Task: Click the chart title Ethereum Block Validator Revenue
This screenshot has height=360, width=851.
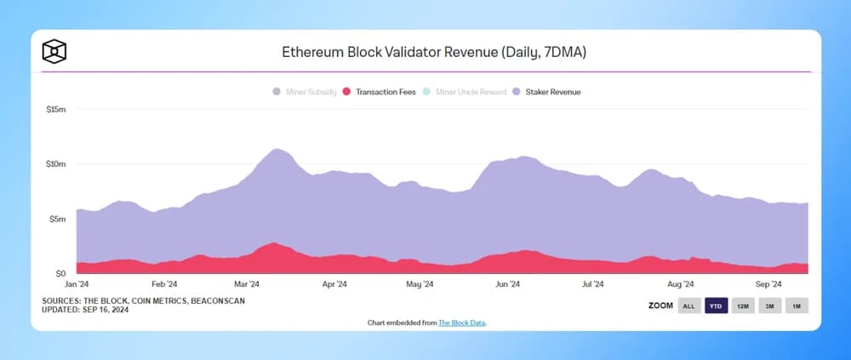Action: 434,52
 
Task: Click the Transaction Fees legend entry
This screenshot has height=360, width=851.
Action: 379,91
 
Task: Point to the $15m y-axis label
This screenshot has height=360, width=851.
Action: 55,109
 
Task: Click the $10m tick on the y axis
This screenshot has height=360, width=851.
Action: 55,163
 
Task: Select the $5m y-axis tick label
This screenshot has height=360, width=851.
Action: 57,219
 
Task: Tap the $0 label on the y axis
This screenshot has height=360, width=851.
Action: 60,273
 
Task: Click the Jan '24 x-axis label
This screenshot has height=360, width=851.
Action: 77,285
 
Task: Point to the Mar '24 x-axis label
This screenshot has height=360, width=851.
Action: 247,285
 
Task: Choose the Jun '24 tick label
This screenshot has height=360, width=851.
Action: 508,285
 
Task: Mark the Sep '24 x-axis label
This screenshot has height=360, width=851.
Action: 768,285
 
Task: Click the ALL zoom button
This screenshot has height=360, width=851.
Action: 689,306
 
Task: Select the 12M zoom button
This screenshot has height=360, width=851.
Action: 743,306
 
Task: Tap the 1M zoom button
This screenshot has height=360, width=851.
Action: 797,306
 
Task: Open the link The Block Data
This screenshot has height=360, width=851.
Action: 462,323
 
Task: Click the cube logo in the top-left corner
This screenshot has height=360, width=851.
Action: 54,52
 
